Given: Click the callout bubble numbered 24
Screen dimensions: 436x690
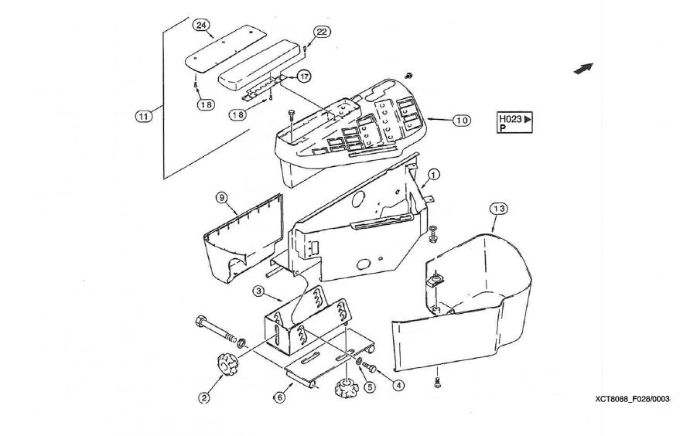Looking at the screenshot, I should click(x=201, y=26).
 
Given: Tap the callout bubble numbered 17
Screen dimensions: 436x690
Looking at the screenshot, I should click(x=304, y=77).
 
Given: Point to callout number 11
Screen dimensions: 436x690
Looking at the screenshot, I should click(x=142, y=116).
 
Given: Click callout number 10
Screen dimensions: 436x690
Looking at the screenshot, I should click(x=461, y=121).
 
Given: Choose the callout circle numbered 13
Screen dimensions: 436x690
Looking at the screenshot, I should click(x=499, y=209).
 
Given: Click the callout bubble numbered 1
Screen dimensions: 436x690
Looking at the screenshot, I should click(x=434, y=175).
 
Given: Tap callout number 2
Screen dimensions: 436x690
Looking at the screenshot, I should click(x=204, y=398).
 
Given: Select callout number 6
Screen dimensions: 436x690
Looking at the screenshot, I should click(x=280, y=397).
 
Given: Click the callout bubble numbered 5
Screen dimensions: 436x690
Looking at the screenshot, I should click(x=370, y=387).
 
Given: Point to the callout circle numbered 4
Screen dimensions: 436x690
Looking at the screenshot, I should click(x=398, y=384).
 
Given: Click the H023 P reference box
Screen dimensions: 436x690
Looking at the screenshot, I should click(x=515, y=123).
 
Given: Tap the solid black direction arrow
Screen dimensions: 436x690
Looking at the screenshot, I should click(x=583, y=69).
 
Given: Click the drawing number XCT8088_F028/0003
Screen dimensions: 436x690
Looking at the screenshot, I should click(x=632, y=399).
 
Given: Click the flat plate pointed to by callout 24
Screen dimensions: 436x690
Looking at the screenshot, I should click(x=224, y=47).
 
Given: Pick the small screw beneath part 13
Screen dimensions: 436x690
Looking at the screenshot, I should click(x=439, y=381).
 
